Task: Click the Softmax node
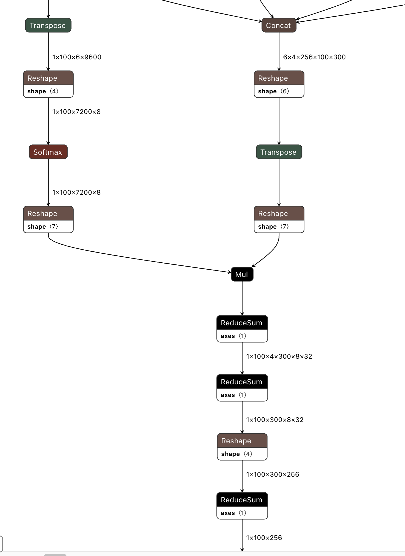point(48,152)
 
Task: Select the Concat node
point(279,25)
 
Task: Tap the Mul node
point(242,274)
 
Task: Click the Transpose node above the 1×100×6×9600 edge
point(48,25)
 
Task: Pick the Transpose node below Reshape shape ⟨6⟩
point(279,152)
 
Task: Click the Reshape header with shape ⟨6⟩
point(279,78)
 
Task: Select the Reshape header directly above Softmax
point(48,78)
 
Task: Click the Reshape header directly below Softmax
point(48,214)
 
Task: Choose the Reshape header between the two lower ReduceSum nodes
point(242,441)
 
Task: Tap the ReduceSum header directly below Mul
point(242,323)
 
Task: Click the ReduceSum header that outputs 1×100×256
point(242,500)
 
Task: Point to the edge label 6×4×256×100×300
point(314,57)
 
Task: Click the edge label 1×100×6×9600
point(77,57)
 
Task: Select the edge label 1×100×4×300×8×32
point(279,356)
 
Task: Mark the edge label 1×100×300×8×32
point(275,420)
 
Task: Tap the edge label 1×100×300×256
point(272,474)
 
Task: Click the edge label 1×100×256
point(264,538)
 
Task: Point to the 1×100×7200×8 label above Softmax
point(76,112)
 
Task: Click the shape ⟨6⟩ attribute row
point(279,91)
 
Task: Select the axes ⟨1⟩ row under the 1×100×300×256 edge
point(242,513)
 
